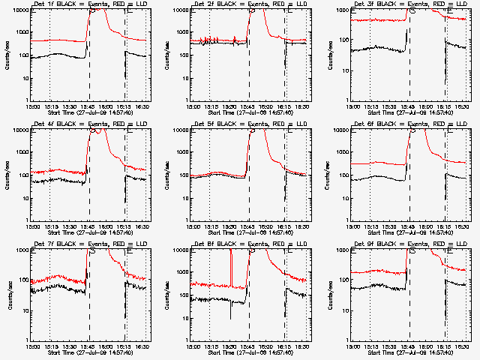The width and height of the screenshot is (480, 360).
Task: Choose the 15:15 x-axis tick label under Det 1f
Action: coord(50,106)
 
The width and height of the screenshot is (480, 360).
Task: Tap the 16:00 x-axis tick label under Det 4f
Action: coord(107,226)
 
